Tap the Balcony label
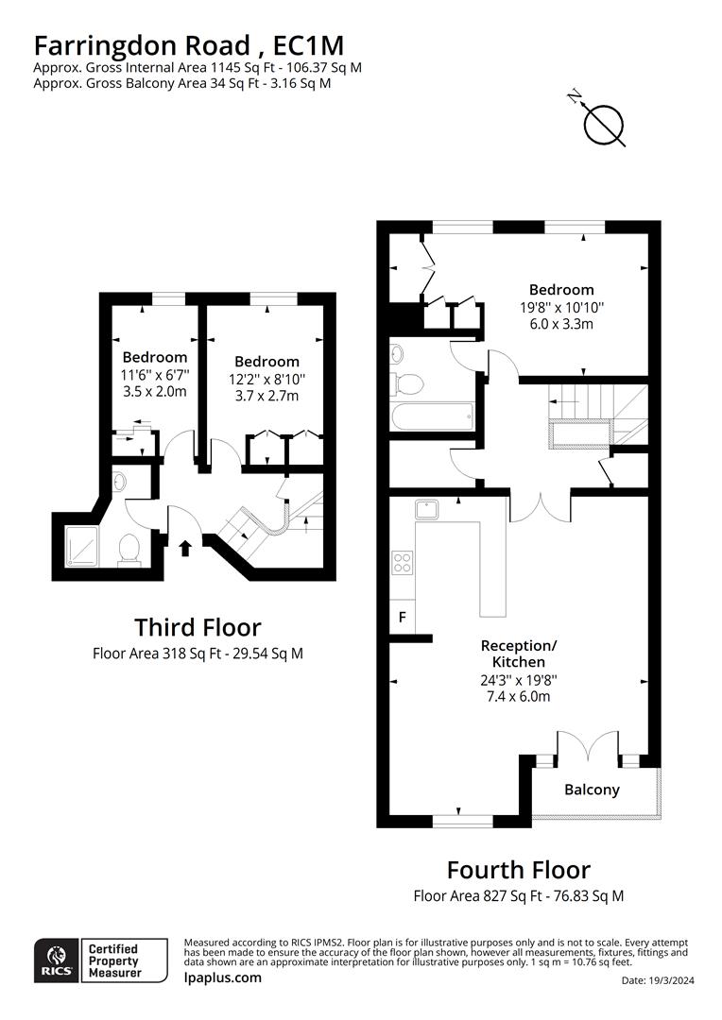pos(592,790)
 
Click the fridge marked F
pos(402,618)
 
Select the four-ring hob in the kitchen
pos(402,563)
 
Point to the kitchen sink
pos(426,510)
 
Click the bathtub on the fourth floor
pos(431,415)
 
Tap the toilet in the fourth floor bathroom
pos(407,383)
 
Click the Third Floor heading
pos(198,627)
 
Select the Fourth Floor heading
pos(518,870)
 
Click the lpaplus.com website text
pos(222,977)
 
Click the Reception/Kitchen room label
pos(519,654)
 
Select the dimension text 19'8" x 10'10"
pos(561,307)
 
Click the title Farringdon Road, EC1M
pos(188,44)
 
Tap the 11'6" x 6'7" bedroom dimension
pos(155,375)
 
